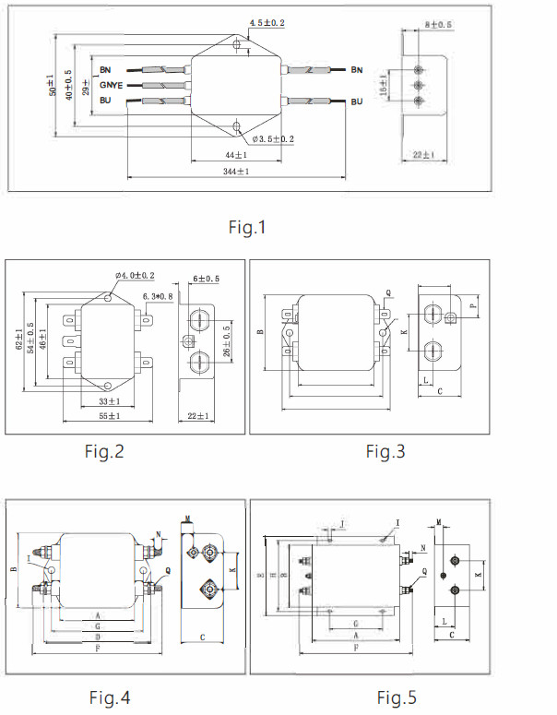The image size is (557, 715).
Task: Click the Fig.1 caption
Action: click(x=247, y=227)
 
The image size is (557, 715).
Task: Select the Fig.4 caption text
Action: click(x=109, y=697)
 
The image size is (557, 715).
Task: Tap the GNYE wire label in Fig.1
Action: click(x=112, y=84)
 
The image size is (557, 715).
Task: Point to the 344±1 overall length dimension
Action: click(x=236, y=172)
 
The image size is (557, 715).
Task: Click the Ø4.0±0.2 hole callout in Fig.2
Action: click(x=135, y=275)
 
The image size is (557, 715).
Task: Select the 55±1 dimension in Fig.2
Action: click(x=109, y=417)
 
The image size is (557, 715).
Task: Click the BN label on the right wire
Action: click(x=357, y=69)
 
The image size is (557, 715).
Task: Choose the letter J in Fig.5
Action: click(x=342, y=524)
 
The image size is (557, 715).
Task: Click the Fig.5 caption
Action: click(x=396, y=697)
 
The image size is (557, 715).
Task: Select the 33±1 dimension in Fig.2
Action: click(x=109, y=402)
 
